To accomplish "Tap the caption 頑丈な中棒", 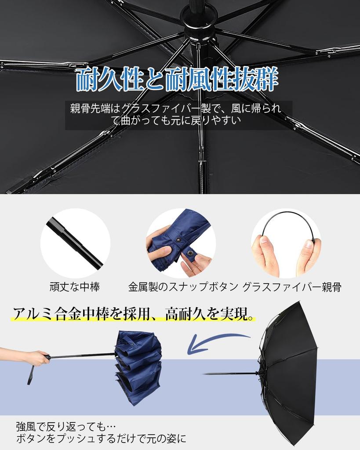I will point(74,287).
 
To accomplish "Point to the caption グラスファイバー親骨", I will point(291,287).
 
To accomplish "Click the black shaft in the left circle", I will point(75,243).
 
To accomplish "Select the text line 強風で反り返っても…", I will point(66,427).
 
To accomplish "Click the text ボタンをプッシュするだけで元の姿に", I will point(101,439).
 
